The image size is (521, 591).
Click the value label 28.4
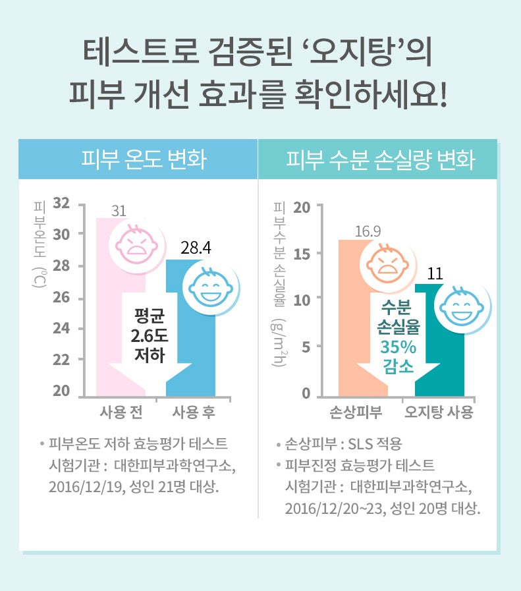(196, 248)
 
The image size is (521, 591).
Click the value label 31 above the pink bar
(119, 211)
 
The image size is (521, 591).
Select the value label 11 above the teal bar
(435, 273)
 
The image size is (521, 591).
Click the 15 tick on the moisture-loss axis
(301, 254)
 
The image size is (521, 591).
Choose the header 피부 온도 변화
(138, 159)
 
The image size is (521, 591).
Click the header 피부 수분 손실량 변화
(380, 159)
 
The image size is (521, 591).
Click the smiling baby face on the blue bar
(207, 287)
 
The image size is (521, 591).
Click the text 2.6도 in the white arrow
(150, 336)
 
